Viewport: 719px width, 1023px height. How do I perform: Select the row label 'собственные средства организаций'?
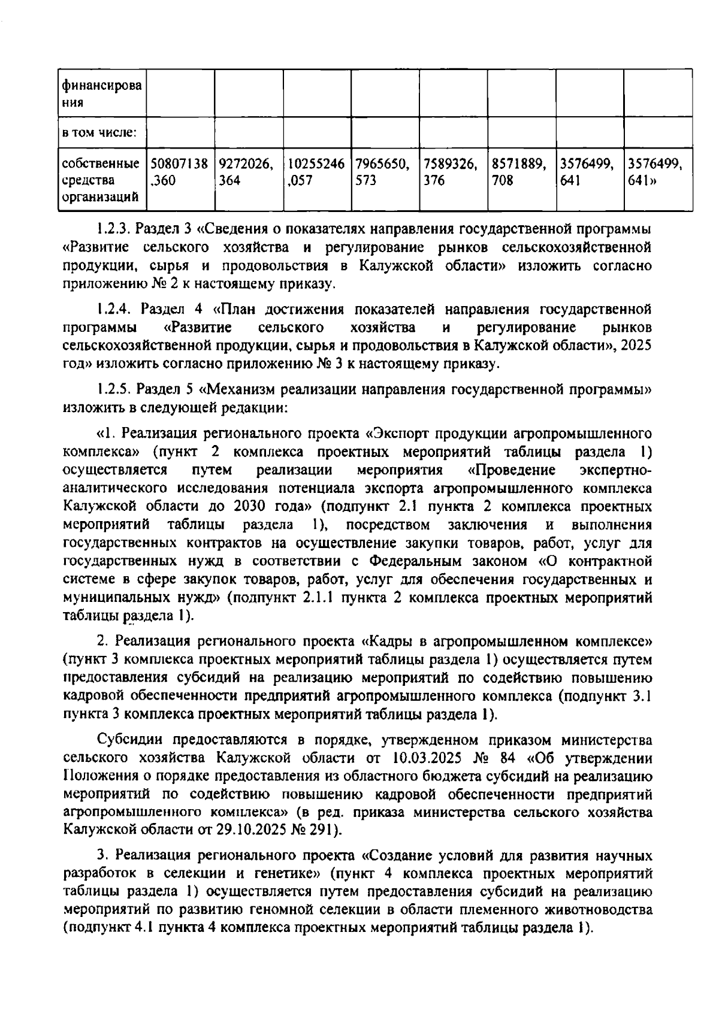[x=101, y=179]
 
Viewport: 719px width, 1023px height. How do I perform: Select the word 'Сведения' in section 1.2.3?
[x=238, y=229]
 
